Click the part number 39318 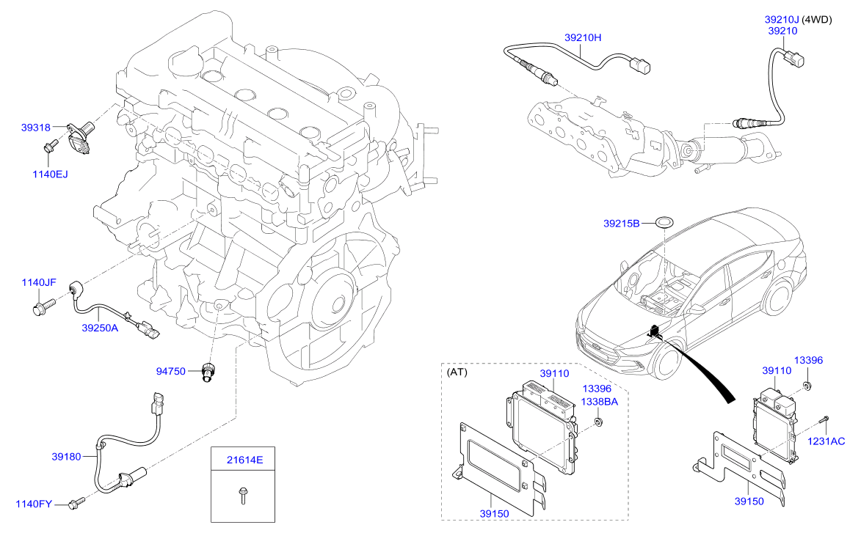click(36, 128)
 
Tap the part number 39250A click(100, 328)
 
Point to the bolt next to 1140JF click(44, 305)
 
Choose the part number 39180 click(67, 456)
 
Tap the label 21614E click(245, 460)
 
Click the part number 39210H click(583, 38)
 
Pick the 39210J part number click(782, 20)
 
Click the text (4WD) click(817, 20)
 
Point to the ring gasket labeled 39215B click(664, 223)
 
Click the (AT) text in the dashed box click(457, 372)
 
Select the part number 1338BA click(599, 401)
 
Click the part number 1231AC click(826, 441)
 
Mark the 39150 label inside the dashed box click(494, 514)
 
